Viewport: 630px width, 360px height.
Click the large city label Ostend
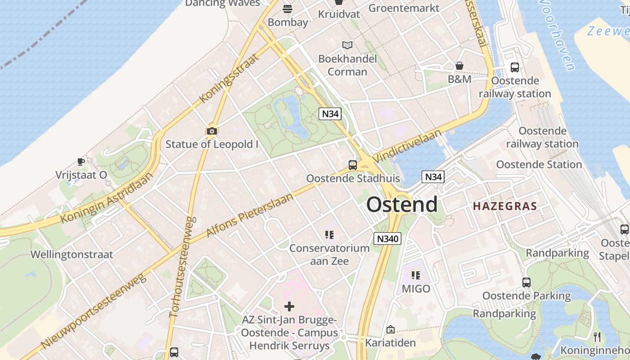401,205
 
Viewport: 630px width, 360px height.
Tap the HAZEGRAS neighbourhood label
504,207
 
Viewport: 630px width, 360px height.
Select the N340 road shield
387,238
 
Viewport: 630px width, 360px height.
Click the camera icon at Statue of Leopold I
211,131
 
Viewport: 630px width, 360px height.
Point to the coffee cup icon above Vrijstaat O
81,162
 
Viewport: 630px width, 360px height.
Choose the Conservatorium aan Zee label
329,254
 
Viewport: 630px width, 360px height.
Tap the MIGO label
416,288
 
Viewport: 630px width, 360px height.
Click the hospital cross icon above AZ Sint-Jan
289,307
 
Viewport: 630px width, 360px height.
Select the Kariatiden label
390,343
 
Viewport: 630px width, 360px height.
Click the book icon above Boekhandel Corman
347,45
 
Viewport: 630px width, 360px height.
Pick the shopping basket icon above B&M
459,66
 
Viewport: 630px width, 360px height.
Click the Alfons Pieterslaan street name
249,215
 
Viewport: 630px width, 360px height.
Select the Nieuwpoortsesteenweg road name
94,311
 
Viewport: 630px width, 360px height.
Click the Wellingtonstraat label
72,254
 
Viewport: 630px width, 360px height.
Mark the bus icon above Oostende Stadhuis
352,165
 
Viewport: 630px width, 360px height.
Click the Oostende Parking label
526,296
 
